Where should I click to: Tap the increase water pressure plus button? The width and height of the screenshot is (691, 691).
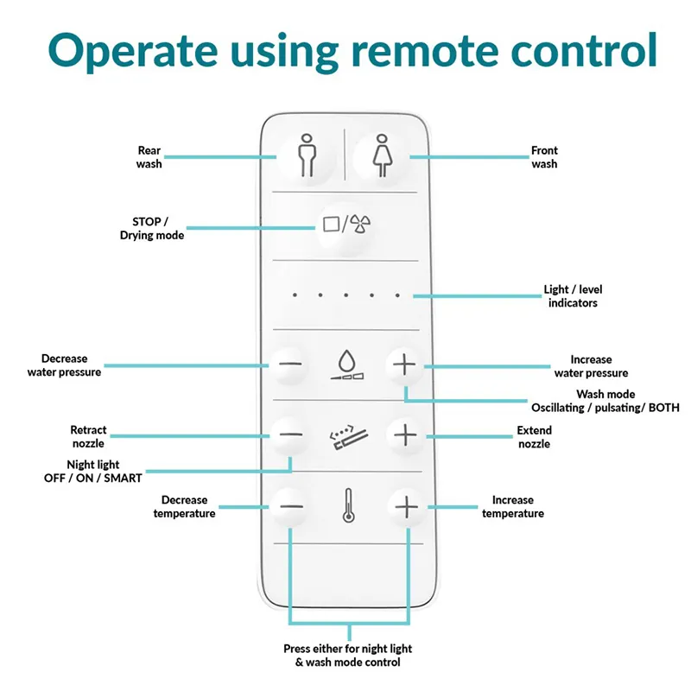pos(403,365)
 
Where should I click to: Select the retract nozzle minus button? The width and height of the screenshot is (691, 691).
pos(291,434)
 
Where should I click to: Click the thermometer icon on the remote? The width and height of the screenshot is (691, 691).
pos(347,506)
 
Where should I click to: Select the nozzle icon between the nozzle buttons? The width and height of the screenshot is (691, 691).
pos(346,436)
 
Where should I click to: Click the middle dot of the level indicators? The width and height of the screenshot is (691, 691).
pos(345,295)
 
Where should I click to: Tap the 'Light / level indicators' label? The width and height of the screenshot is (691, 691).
pos(572,296)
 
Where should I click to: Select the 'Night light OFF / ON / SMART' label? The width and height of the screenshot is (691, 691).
pos(92,471)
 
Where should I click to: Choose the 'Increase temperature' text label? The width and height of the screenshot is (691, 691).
pos(513,506)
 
